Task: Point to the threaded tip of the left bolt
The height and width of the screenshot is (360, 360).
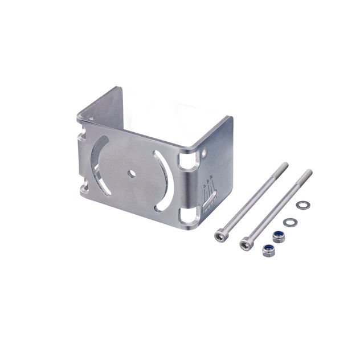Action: point(284,166)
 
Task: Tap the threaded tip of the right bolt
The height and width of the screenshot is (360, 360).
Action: point(308,172)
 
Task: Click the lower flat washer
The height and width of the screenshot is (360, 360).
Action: point(289,221)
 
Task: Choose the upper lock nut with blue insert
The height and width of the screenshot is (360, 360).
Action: point(278,235)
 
